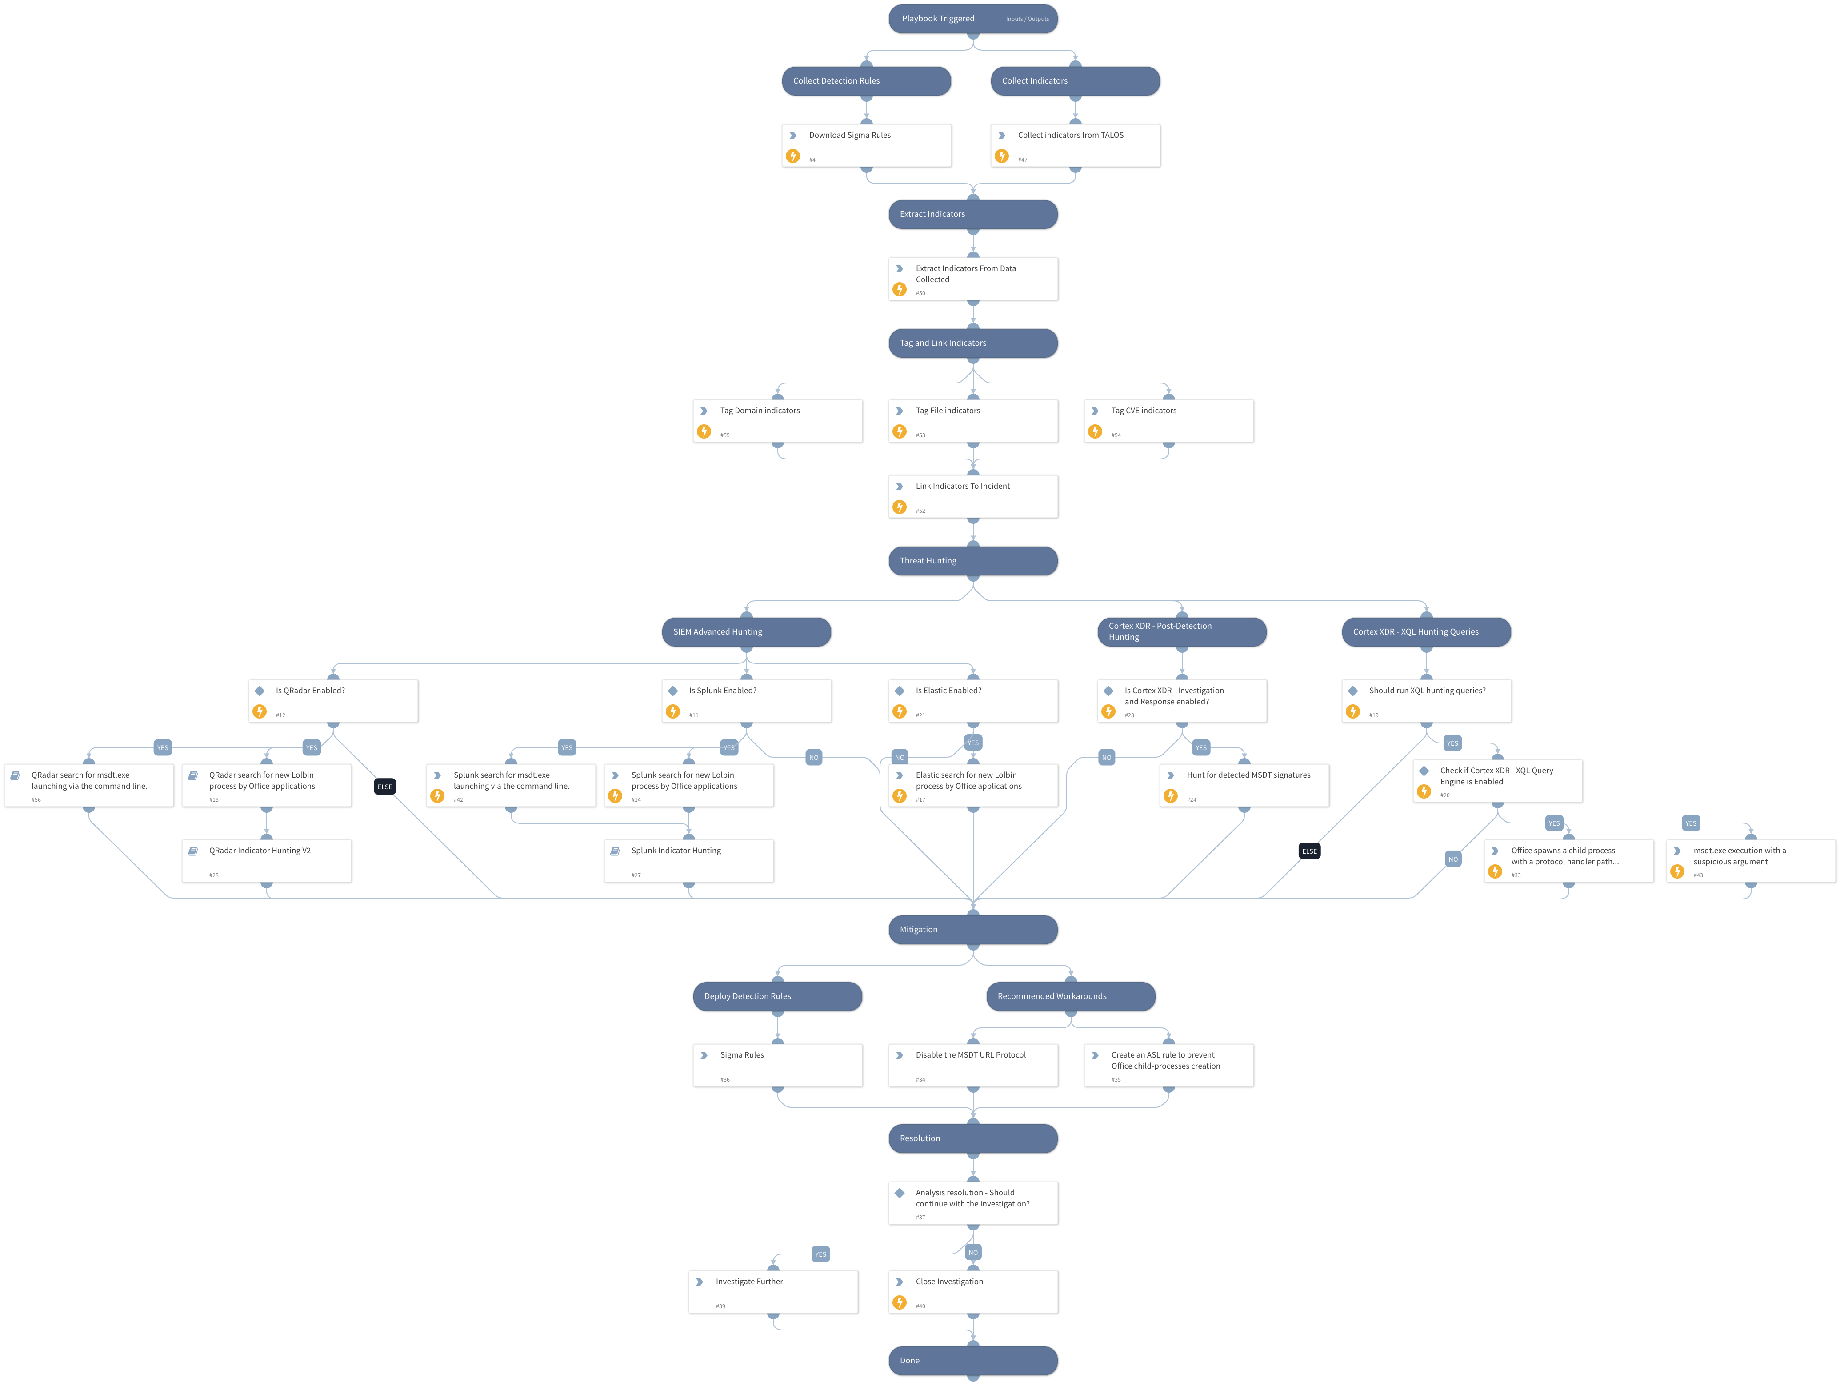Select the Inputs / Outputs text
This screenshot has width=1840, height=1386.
[1027, 19]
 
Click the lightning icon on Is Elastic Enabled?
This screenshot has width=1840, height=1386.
[899, 711]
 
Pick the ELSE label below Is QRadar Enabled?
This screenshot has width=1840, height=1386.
[384, 786]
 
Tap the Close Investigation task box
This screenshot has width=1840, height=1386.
[972, 1292]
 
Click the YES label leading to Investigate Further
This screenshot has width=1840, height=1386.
[820, 1254]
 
